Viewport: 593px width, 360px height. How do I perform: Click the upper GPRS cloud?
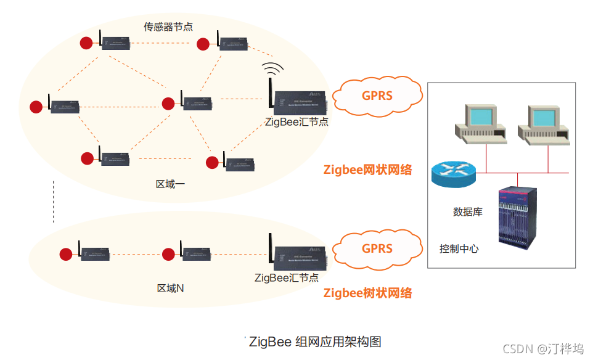point(377,96)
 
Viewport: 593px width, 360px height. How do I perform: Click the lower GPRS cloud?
point(377,248)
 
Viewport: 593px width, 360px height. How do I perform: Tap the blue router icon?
point(454,174)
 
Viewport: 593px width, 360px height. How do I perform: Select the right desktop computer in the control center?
point(543,124)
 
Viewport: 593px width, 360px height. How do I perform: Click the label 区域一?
point(171,184)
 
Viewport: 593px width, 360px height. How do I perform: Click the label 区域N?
point(171,288)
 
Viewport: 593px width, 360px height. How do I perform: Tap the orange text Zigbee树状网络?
point(368,293)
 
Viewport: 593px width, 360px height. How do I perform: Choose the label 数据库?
point(468,211)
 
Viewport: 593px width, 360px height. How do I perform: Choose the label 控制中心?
point(459,249)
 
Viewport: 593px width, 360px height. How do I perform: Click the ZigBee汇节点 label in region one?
point(296,121)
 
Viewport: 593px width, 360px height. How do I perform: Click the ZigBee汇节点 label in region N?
point(287,277)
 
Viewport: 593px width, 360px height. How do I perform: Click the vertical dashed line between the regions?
point(54,202)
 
